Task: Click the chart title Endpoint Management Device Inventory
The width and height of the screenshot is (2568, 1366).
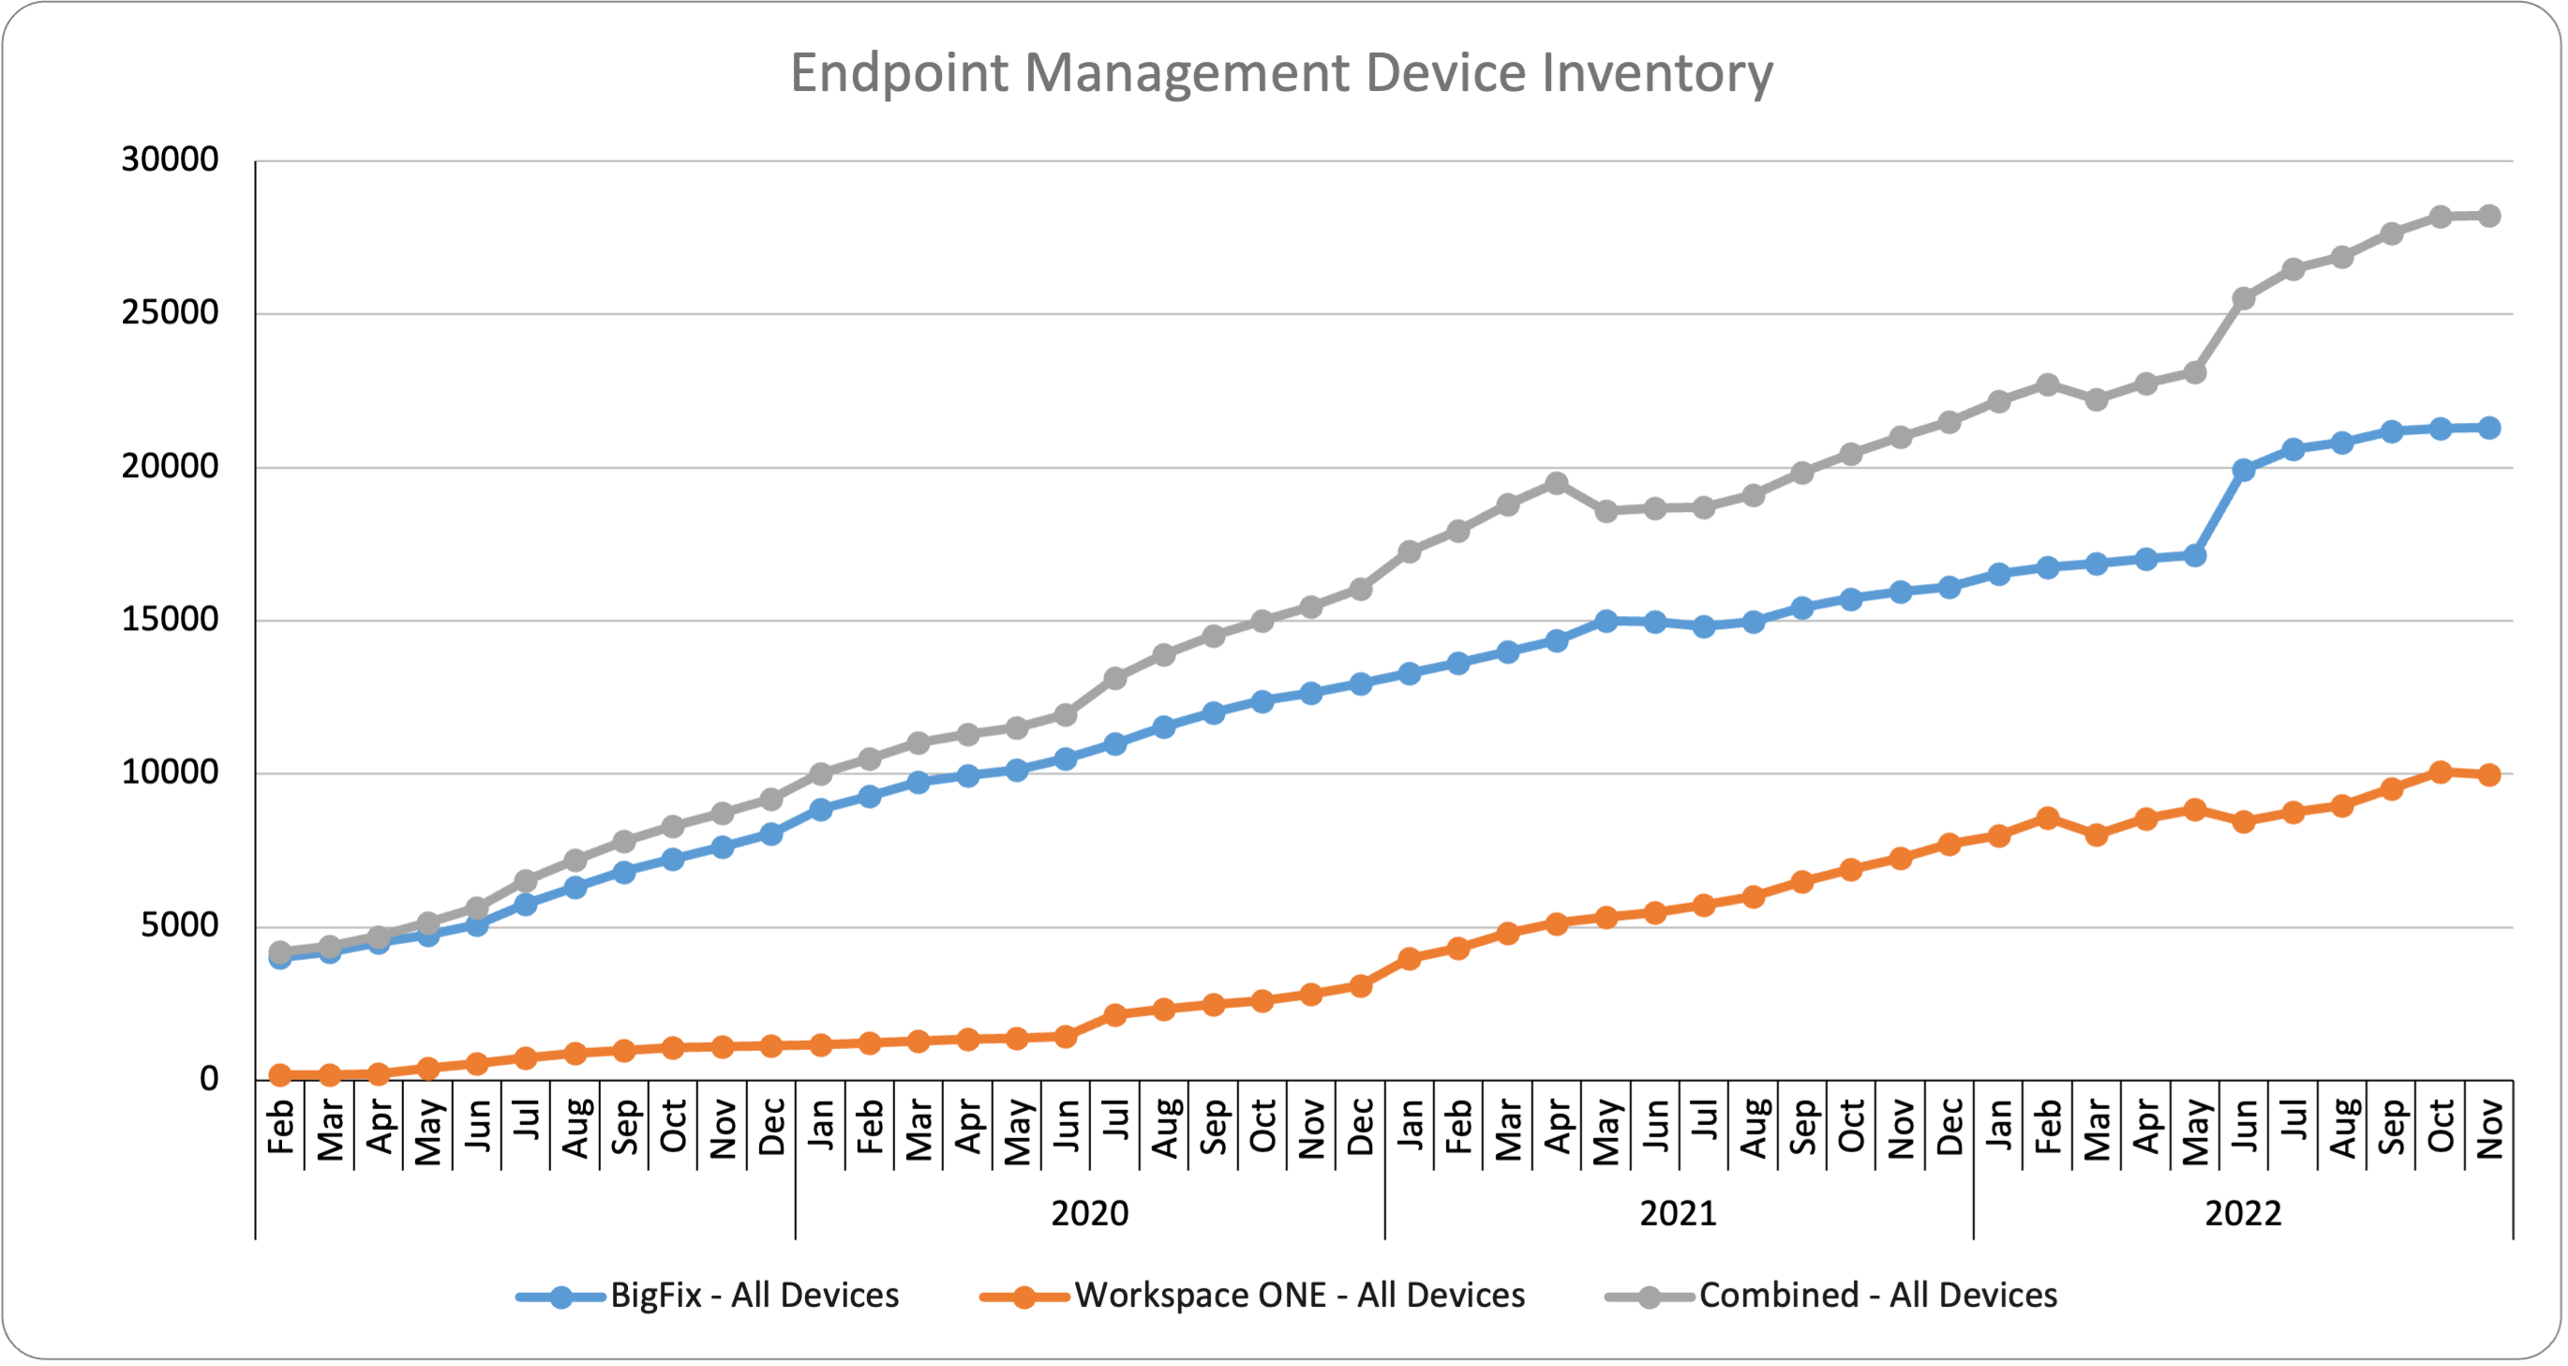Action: point(1281,73)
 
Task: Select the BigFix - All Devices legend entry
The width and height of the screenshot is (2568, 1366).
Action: point(754,1295)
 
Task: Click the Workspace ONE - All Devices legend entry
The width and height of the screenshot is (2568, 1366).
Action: point(1299,1295)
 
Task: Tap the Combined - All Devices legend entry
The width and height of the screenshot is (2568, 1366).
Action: point(1877,1295)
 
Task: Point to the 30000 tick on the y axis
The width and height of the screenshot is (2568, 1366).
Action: point(170,159)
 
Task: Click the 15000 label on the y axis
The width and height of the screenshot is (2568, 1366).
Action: point(170,619)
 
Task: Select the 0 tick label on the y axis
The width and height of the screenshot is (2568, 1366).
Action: point(208,1079)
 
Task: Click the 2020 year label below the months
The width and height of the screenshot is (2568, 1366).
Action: point(1090,1213)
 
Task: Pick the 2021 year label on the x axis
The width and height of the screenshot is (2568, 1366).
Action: point(1679,1213)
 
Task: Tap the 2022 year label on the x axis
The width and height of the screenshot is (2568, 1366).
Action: point(2243,1213)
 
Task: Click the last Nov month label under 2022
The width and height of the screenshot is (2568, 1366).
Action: point(2489,1129)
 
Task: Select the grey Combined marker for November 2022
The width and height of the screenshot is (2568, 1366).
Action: point(2489,216)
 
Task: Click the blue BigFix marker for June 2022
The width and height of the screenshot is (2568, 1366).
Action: point(2244,470)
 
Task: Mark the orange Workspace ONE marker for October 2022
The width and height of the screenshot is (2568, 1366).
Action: point(2441,772)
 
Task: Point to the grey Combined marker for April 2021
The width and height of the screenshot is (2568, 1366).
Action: point(1556,484)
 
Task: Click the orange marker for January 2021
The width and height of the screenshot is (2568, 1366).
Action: point(1410,958)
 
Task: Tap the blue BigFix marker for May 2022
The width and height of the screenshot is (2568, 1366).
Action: point(2194,555)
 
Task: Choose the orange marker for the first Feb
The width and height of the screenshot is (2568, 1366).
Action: point(280,1074)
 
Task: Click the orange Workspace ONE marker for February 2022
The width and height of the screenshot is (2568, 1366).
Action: point(2048,818)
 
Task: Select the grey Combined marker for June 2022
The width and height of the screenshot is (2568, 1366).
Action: point(2244,298)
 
